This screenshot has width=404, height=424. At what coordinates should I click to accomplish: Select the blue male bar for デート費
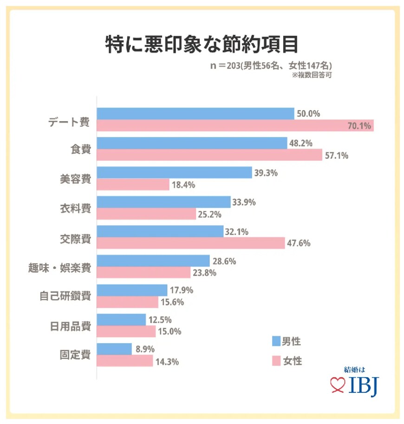click(x=195, y=114)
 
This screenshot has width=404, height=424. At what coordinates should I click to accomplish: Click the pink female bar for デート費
click(x=235, y=125)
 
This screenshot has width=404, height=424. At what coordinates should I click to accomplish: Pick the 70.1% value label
click(x=361, y=125)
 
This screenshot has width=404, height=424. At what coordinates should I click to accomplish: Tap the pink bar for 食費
click(x=209, y=155)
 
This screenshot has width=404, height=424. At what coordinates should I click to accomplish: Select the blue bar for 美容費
click(x=174, y=173)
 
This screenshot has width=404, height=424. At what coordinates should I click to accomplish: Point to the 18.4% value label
click(x=183, y=185)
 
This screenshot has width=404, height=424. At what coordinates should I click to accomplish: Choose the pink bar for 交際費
click(x=191, y=243)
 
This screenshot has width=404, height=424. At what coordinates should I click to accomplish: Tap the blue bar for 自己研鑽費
click(x=132, y=291)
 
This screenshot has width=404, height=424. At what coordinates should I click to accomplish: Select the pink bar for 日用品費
click(x=126, y=332)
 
